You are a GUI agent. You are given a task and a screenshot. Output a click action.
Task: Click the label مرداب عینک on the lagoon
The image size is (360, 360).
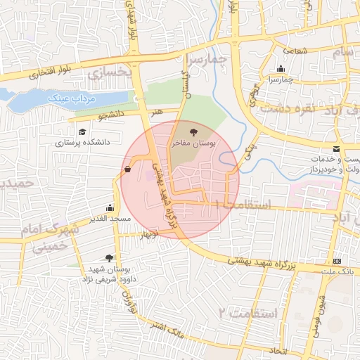[70, 98]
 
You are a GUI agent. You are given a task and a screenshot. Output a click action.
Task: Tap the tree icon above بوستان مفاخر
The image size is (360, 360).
[194, 131]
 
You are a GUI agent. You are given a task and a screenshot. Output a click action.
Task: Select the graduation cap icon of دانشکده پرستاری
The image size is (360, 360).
[82, 131]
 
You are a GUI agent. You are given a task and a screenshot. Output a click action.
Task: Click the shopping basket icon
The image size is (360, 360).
[127, 169]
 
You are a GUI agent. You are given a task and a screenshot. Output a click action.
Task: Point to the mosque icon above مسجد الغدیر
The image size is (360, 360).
[110, 208]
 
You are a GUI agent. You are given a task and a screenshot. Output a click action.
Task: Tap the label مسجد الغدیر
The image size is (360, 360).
[110, 219]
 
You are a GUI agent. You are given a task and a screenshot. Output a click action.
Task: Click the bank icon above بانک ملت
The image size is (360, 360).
[336, 261]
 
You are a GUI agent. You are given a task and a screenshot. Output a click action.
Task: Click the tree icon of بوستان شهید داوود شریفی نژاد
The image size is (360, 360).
[108, 259]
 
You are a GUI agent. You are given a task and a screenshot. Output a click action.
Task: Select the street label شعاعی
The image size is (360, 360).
[295, 50]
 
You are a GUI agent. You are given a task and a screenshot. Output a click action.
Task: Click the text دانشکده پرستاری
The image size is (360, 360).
[84, 143]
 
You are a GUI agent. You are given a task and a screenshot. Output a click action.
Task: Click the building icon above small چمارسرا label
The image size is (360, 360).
[281, 69]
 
